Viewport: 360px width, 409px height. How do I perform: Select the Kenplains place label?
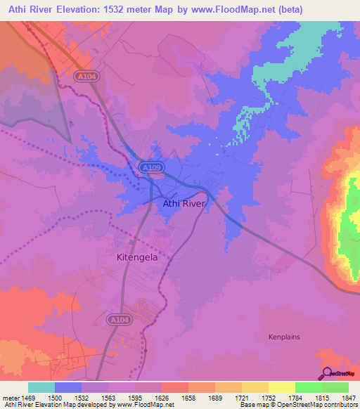coord(284,337)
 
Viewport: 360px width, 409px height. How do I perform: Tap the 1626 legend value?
coord(162,397)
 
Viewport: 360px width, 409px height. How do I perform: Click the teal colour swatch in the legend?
coord(41,387)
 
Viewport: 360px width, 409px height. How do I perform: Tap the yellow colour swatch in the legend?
coord(281,387)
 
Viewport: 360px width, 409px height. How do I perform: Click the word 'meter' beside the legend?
coord(11,397)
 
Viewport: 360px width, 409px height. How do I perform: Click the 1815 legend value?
coord(321,397)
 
